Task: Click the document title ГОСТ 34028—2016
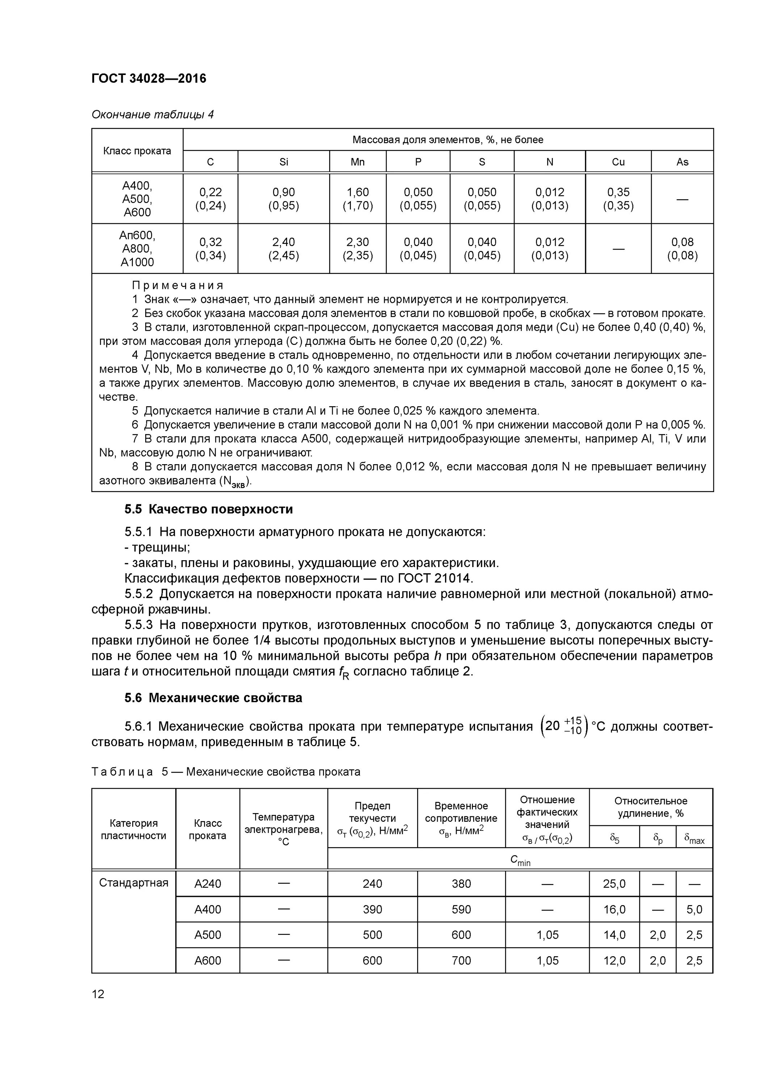(148, 78)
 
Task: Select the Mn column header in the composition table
(357, 162)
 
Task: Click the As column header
(682, 162)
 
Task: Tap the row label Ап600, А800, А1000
(137, 249)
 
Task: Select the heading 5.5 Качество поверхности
(209, 509)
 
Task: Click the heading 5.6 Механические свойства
(213, 698)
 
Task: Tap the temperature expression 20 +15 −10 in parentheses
(563, 726)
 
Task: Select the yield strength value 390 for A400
(372, 909)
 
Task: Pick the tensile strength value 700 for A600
(461, 961)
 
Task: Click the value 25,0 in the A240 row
(614, 884)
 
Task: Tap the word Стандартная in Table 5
(134, 883)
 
